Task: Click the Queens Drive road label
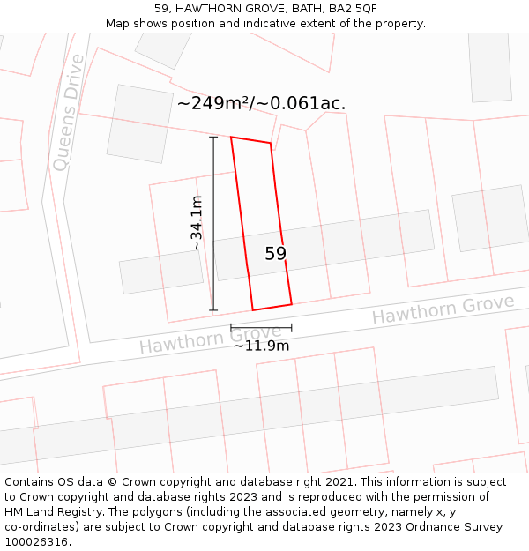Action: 68,112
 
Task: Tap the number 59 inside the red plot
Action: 275,254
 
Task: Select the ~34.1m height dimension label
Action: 197,223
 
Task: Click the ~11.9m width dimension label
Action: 261,346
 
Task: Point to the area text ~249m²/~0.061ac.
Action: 261,103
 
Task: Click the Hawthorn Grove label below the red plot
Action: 210,339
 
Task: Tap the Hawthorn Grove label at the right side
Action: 442,309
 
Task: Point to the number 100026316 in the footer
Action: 34,542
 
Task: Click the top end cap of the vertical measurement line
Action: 213,137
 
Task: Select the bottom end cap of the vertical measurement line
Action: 213,310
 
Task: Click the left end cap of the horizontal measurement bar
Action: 231,328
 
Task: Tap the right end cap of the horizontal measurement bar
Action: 292,328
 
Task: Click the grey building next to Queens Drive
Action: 139,123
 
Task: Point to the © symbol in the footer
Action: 112,482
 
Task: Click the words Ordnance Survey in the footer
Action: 459,527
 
